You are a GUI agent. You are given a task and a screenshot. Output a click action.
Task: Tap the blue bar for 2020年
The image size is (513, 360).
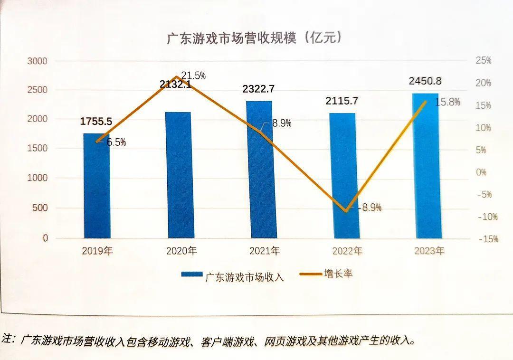[180, 176]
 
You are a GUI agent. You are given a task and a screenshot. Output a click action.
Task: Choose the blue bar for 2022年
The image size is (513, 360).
[344, 176]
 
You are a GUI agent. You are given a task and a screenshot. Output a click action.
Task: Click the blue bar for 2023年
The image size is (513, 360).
[427, 166]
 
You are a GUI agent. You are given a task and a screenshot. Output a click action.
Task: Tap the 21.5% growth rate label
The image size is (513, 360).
[194, 76]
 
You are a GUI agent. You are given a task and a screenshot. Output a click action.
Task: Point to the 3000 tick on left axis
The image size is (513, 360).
[38, 61]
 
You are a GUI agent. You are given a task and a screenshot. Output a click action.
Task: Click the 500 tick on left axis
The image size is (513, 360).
[41, 208]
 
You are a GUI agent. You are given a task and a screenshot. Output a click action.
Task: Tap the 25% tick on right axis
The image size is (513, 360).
[483, 61]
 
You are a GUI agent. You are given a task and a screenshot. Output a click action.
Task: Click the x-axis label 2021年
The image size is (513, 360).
[265, 251]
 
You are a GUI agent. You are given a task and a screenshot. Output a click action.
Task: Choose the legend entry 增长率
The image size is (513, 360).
[338, 274]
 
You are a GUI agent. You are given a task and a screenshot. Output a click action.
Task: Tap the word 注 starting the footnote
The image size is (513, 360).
[8, 339]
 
